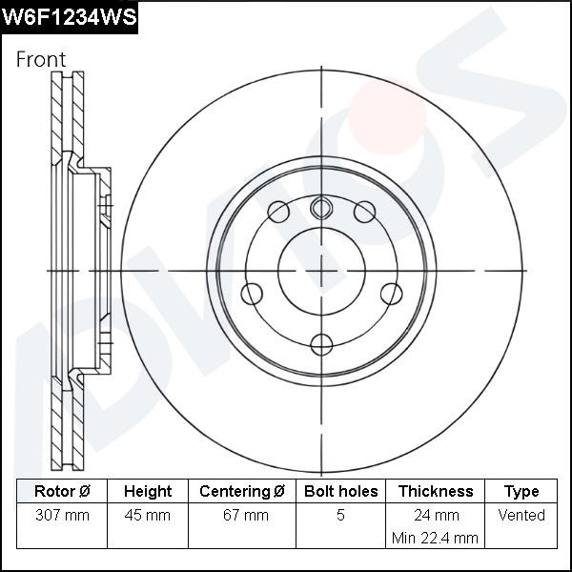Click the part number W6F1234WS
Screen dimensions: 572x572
70,17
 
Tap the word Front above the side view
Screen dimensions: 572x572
41,59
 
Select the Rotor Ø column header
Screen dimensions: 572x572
62,492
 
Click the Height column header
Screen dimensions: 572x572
148,492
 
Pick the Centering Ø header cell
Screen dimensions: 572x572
242,492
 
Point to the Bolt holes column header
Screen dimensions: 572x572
340,492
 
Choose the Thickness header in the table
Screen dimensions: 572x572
436,492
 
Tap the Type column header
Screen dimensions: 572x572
521,492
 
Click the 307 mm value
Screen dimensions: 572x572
62,515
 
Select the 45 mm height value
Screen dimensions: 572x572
148,515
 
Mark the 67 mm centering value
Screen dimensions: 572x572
242,515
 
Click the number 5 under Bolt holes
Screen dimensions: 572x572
340,515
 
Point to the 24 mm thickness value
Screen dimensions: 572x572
436,515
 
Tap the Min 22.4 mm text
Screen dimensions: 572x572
436,538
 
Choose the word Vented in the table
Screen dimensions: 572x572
521,515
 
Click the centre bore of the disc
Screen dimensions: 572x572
322,272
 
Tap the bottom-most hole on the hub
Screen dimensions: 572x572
322,344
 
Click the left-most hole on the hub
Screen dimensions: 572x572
252,294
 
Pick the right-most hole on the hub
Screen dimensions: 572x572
391,294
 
